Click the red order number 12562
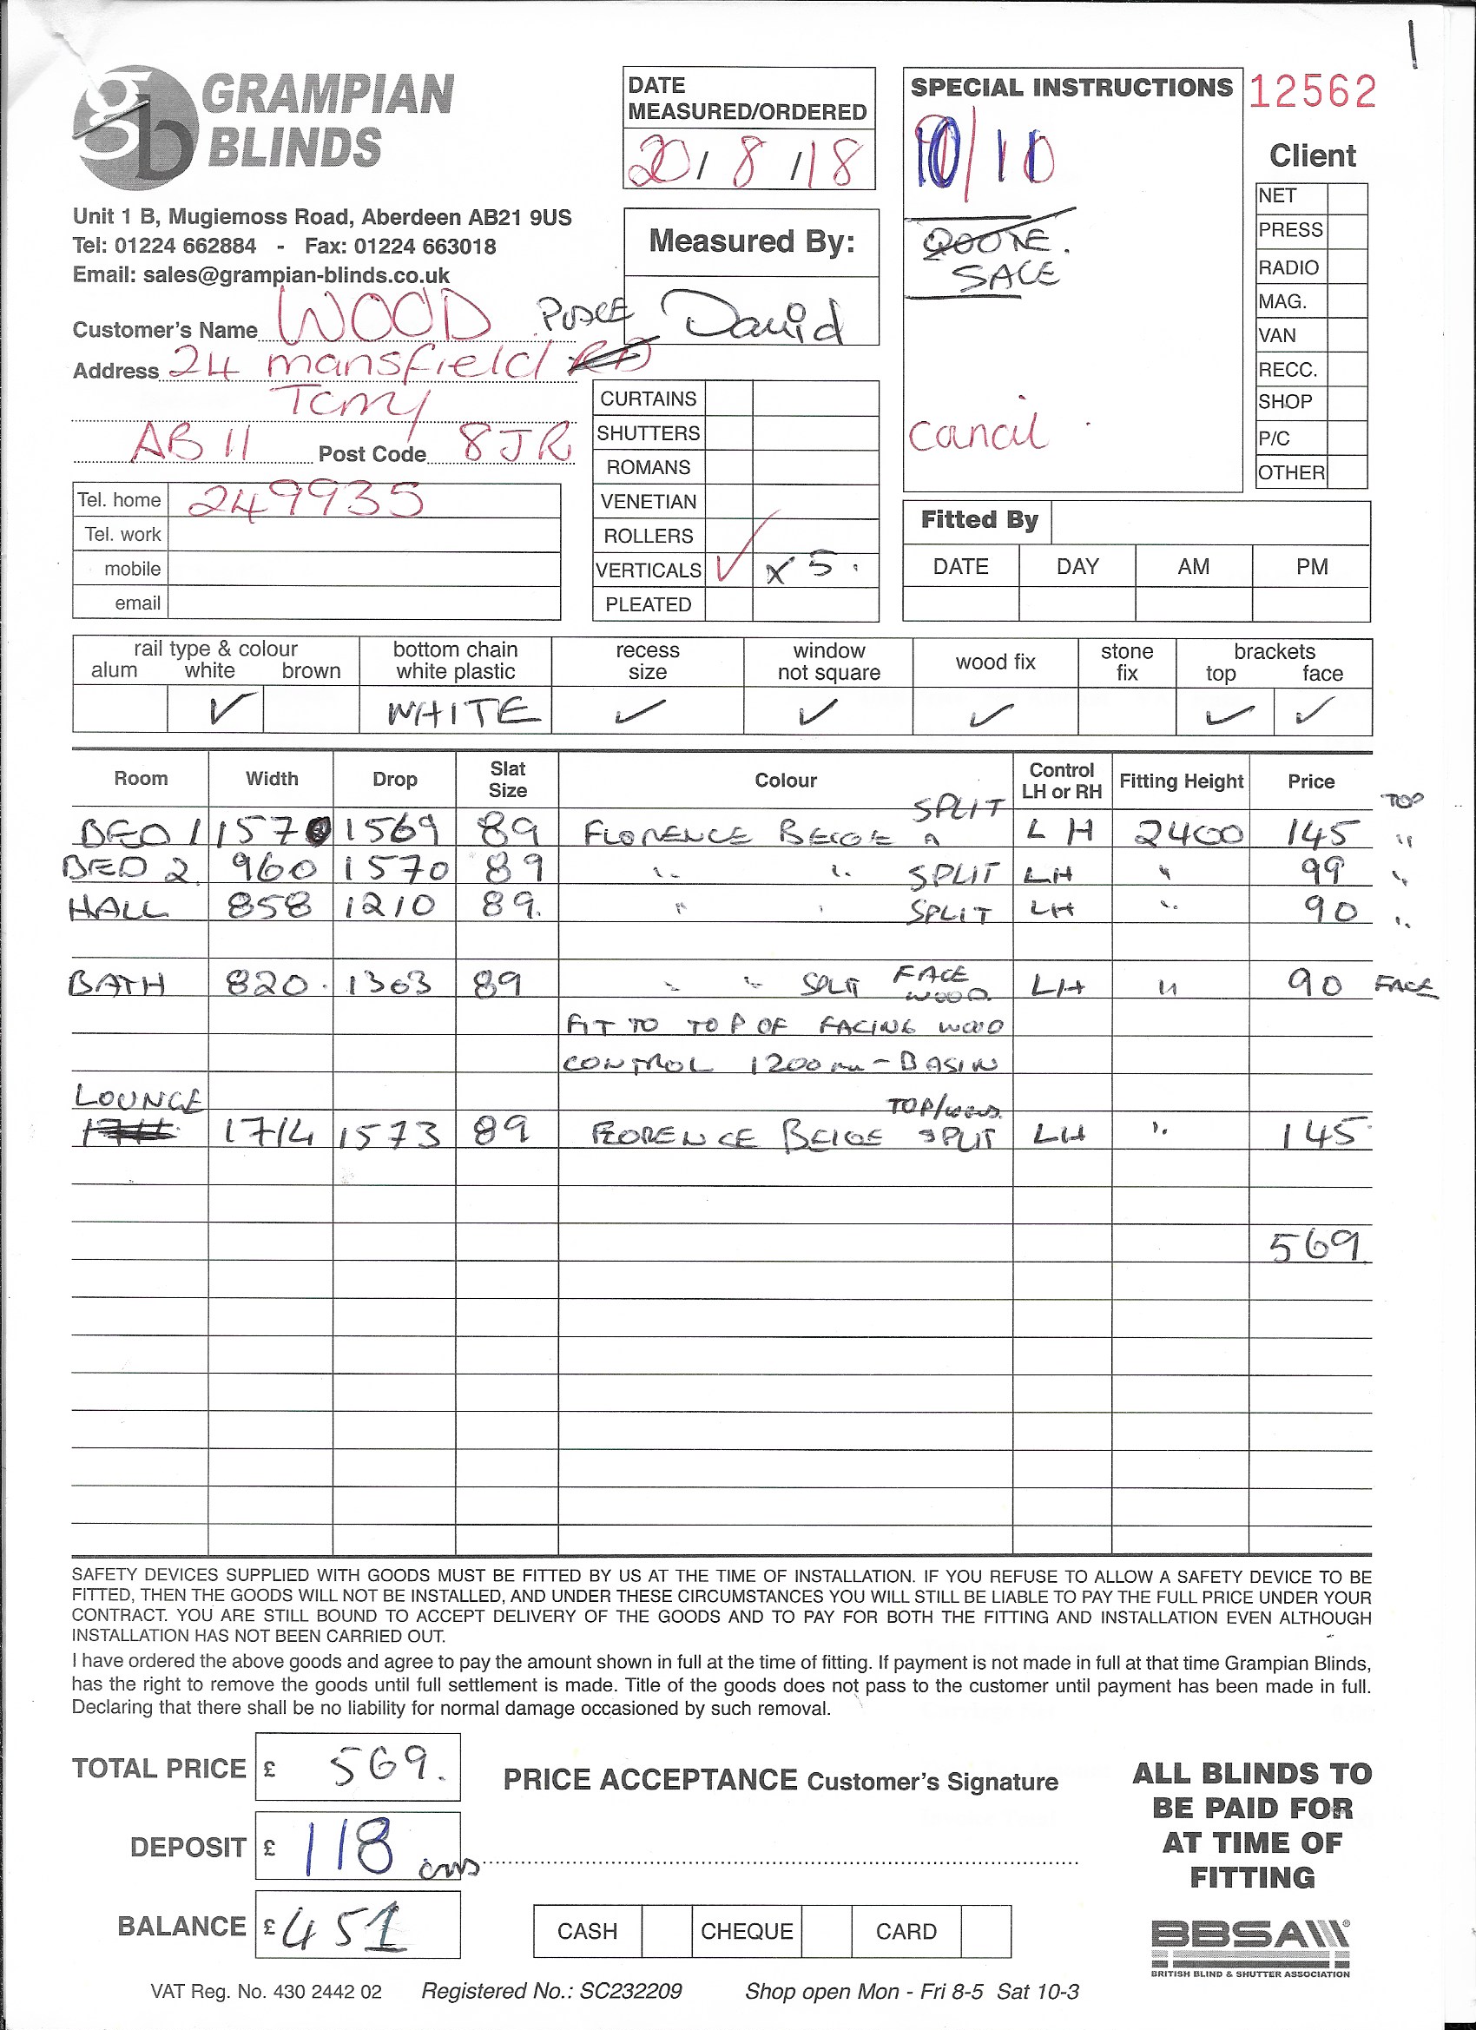click(x=1311, y=92)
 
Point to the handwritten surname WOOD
click(x=385, y=318)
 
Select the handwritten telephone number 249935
click(x=306, y=500)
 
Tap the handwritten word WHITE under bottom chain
click(x=463, y=713)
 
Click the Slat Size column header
click(x=508, y=779)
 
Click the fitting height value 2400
click(x=1188, y=834)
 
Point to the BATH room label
click(x=117, y=985)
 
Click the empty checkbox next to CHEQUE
click(x=827, y=1932)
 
